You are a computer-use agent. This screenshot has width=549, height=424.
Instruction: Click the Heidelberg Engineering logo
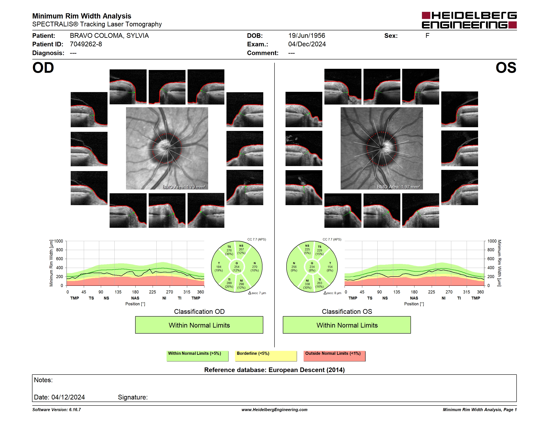click(x=469, y=20)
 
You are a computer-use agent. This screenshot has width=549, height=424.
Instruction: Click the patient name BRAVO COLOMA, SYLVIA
click(x=109, y=36)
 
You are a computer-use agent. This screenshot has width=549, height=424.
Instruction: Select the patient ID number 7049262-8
click(x=86, y=44)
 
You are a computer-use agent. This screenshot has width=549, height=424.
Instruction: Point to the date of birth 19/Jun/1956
click(x=307, y=36)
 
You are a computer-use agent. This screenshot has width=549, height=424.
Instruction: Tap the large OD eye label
click(x=43, y=68)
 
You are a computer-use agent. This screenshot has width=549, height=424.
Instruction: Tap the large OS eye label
click(x=506, y=68)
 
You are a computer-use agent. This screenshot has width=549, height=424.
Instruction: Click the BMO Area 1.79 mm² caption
click(x=184, y=187)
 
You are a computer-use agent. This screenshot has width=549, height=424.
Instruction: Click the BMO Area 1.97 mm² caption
click(x=398, y=187)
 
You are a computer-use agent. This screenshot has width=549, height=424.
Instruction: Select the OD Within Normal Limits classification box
click(x=199, y=325)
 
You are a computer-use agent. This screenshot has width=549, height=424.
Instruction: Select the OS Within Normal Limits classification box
click(x=347, y=325)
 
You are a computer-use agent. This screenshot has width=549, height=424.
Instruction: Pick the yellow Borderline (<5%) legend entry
click(x=266, y=356)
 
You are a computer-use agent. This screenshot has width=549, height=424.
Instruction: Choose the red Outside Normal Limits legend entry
click(x=334, y=356)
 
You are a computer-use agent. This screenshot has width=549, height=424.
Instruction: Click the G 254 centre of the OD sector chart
click(x=236, y=267)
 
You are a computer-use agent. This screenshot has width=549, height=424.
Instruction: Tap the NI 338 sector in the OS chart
click(x=307, y=284)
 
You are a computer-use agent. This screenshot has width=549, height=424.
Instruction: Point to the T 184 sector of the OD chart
click(x=219, y=267)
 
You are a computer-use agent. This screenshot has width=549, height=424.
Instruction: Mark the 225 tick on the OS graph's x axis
click(x=431, y=292)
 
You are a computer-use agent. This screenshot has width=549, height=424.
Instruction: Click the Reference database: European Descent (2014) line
click(x=274, y=370)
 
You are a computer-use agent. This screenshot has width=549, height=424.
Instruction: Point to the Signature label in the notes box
click(x=133, y=397)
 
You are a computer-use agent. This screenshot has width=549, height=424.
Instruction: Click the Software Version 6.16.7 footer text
click(x=57, y=410)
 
